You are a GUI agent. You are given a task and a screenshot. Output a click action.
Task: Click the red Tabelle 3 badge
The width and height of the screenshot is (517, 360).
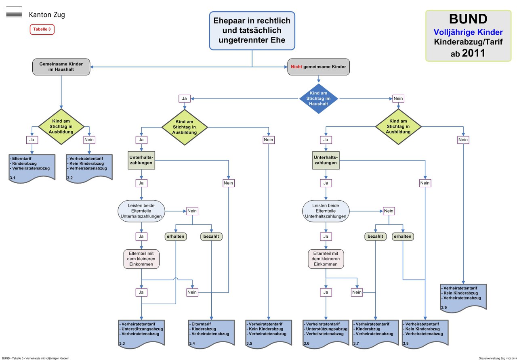coord(42,29)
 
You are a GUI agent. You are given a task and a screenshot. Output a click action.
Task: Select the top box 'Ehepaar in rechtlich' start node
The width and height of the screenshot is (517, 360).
coord(252,30)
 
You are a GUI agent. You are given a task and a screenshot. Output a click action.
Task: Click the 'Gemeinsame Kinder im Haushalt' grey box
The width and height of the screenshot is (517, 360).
coord(61,67)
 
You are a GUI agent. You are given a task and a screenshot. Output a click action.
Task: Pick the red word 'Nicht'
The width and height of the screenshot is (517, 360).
coord(296,67)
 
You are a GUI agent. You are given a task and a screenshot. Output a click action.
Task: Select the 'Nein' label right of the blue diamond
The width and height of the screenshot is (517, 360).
coord(398,98)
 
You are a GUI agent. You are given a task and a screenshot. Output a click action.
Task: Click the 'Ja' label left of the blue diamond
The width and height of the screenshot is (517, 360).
coord(185,98)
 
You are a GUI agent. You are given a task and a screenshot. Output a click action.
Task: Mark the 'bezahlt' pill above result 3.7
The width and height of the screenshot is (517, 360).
coord(375,237)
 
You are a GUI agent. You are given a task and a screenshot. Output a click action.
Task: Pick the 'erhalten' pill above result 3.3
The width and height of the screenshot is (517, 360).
coord(176,237)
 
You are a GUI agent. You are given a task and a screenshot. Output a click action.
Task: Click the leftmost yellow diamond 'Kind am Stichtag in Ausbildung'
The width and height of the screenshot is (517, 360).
coord(62,127)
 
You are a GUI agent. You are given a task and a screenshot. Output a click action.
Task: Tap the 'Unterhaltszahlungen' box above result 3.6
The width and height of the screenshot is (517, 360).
coord(326,160)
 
